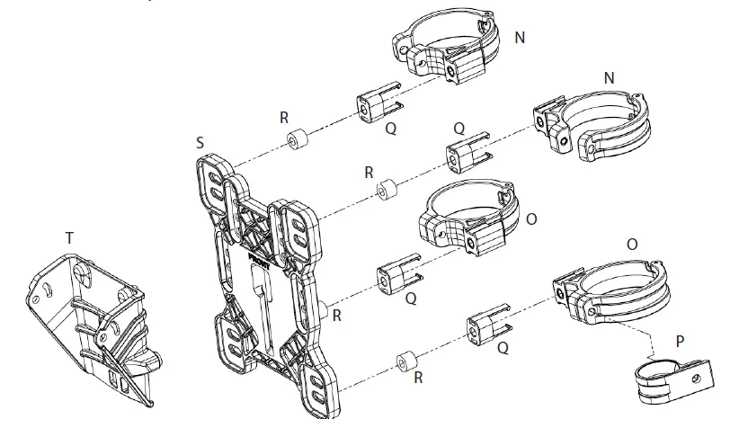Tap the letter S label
pos(199,142)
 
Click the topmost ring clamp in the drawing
pos(448,50)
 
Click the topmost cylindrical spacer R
pos(296,143)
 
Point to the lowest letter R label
pos(418,379)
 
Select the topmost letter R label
pos(284,117)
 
